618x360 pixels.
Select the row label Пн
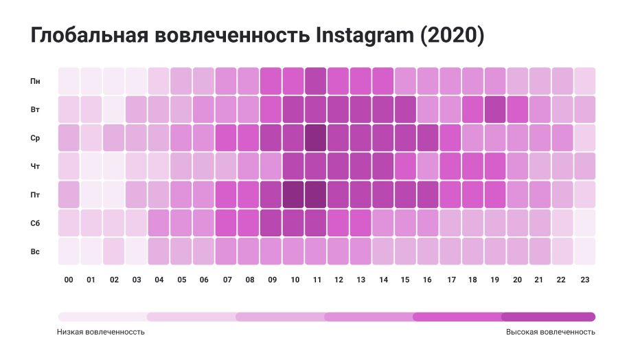click(35, 81)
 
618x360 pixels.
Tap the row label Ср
click(35, 137)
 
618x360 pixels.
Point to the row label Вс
click(35, 251)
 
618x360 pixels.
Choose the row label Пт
click(35, 194)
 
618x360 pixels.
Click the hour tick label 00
click(69, 280)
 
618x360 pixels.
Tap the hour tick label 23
click(585, 280)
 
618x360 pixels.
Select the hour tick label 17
click(450, 280)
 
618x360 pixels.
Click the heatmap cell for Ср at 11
click(316, 137)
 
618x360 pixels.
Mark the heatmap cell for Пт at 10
click(293, 194)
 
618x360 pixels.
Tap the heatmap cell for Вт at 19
click(495, 109)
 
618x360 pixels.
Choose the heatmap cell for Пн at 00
click(69, 81)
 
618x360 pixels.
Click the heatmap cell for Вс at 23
click(585, 251)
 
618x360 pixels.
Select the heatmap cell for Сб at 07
click(226, 223)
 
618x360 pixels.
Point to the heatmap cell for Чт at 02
click(114, 166)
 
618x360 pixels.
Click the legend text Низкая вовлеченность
click(101, 332)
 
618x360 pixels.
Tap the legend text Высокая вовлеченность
click(551, 332)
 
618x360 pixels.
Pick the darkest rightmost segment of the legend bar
click(549, 317)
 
